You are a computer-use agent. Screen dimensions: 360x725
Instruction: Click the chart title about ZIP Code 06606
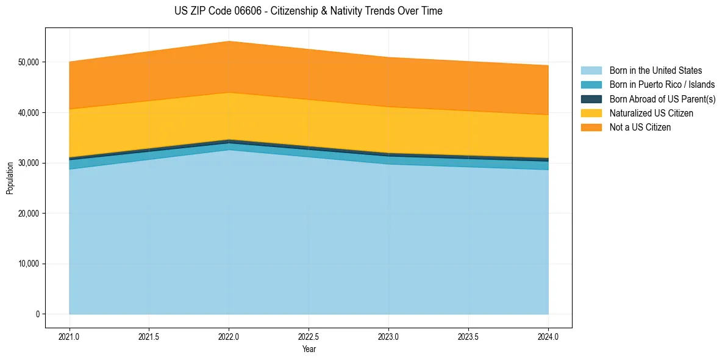(x=308, y=11)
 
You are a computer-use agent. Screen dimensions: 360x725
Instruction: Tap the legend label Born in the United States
(x=655, y=71)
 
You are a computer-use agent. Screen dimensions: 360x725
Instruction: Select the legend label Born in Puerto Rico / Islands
(x=662, y=85)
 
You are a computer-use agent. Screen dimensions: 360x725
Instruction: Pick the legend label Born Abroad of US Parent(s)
(x=662, y=99)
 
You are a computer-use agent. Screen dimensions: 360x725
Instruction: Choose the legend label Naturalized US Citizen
(x=651, y=113)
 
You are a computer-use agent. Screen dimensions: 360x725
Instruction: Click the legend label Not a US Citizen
(x=640, y=128)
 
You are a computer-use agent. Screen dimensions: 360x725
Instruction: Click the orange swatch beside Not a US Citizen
(x=591, y=128)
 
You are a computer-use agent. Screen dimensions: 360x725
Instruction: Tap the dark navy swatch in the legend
(x=591, y=99)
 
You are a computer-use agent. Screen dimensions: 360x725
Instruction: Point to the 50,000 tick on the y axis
(x=28, y=62)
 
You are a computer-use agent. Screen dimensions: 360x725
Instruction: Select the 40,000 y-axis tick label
(x=28, y=113)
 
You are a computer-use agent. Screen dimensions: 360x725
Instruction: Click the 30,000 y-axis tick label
(x=28, y=163)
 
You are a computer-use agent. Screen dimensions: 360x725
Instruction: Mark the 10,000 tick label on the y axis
(x=28, y=264)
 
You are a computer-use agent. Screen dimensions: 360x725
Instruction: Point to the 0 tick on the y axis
(x=37, y=314)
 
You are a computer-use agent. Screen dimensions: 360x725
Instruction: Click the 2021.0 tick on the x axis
(x=70, y=336)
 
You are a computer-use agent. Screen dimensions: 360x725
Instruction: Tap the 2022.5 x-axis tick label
(x=309, y=336)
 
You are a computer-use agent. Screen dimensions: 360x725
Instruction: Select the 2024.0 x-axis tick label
(x=548, y=336)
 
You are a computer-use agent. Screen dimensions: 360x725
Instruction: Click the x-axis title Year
(x=309, y=349)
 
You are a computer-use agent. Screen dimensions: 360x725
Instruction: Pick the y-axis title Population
(x=10, y=178)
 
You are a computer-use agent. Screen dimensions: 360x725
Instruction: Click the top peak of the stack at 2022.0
(x=229, y=41)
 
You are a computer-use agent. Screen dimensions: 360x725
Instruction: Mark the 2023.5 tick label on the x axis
(x=468, y=336)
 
